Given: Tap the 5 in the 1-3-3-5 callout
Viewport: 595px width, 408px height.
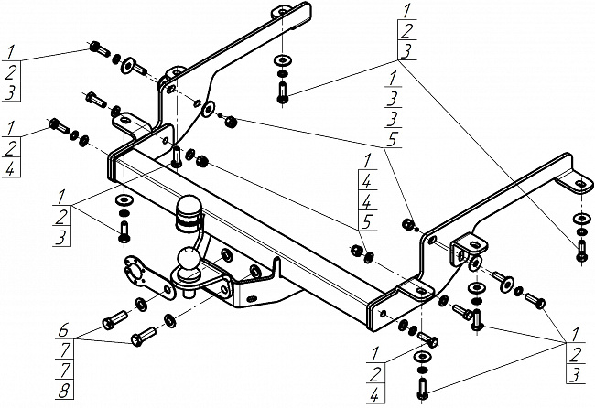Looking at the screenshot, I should click(x=394, y=141).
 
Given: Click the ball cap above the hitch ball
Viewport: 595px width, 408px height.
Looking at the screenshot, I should click(x=190, y=210).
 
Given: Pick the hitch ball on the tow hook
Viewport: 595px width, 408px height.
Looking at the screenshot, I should click(x=189, y=261).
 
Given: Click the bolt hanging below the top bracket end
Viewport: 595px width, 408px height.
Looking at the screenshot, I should click(x=282, y=91).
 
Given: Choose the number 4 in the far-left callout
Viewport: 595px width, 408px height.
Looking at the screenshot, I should click(x=10, y=171).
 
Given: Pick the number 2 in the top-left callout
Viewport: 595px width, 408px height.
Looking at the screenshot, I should click(x=8, y=70).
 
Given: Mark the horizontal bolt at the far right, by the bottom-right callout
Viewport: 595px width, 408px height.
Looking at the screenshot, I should click(x=536, y=300).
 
